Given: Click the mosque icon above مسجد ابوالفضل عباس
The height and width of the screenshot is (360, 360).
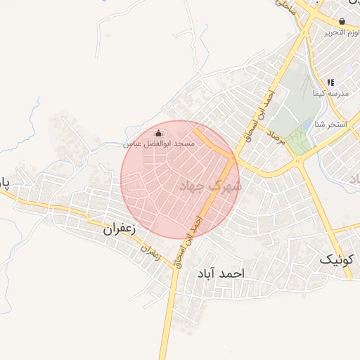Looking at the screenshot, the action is (x=159, y=133).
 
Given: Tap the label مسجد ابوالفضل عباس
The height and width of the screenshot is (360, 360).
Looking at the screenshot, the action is (x=159, y=143).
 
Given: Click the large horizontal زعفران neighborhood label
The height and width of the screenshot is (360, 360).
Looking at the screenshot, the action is (x=119, y=229).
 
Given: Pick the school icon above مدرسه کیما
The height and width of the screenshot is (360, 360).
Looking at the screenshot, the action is (x=330, y=83).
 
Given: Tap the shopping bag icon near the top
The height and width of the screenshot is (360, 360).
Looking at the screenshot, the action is (x=342, y=22).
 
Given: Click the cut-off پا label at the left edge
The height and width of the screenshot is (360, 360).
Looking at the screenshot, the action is (x=4, y=185).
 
